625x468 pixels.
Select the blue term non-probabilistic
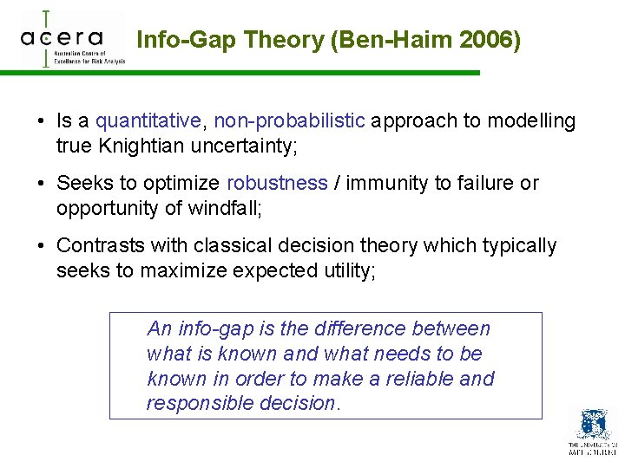point(289,121)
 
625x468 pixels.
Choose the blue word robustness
point(277,184)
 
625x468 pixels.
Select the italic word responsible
point(192,404)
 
